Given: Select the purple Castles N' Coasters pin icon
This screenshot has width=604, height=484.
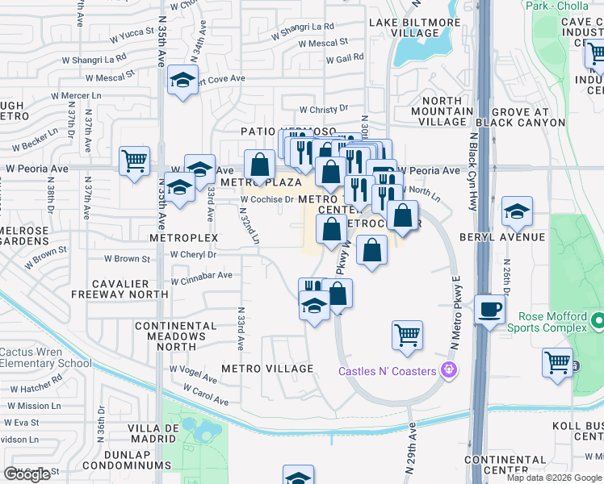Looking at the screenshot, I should click(450, 372).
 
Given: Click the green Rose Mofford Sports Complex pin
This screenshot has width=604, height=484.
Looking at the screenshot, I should click(598, 322).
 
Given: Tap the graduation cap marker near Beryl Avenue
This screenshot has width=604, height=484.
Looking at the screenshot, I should click(517, 212).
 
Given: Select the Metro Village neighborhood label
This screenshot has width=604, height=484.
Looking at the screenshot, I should click(267, 369).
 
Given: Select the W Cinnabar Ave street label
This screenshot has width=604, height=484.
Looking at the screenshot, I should click(201, 275).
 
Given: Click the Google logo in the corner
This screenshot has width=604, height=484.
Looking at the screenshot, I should click(27, 474).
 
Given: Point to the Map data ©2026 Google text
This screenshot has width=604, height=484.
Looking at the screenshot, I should click(554, 478).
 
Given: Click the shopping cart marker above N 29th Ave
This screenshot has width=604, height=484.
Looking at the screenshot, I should click(408, 335).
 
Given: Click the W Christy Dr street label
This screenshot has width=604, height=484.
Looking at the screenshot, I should click(323, 109).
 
